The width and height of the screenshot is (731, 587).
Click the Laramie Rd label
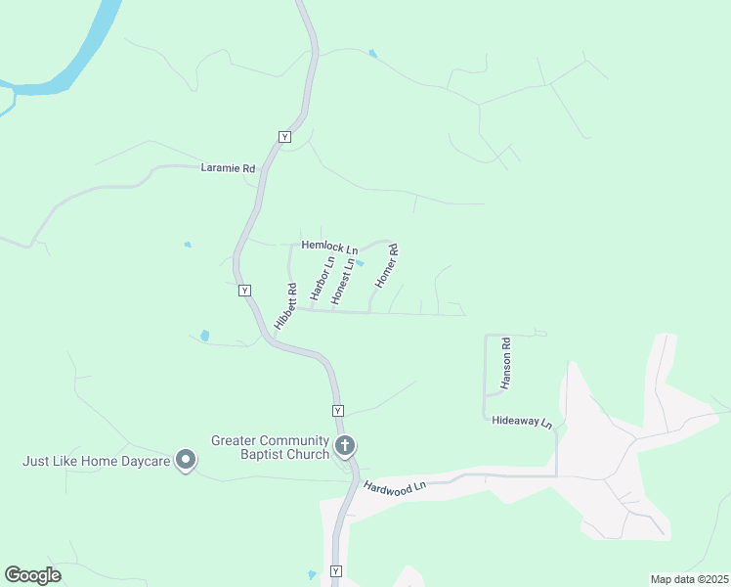point(228,168)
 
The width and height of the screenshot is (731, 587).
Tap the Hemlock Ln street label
point(329,248)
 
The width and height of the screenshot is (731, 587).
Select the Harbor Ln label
point(322,278)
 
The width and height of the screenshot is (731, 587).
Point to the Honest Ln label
point(342,281)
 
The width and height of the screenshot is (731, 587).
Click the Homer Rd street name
point(388,264)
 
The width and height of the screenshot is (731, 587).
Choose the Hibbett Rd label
point(285,305)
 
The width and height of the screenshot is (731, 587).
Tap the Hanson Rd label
point(505,364)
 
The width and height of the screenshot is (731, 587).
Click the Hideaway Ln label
point(522,423)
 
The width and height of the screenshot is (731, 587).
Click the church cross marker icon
point(344,447)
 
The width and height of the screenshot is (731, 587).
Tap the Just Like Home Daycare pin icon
point(186,460)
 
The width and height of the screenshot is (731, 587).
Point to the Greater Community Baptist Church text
point(271,447)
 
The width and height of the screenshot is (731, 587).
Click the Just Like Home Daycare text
point(98,460)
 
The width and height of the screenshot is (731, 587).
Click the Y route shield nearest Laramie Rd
point(284,137)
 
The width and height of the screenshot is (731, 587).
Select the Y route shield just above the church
point(337,410)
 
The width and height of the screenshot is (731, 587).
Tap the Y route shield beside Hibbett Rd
point(244,291)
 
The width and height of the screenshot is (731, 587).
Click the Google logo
point(32,575)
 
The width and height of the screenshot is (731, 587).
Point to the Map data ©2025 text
point(689,579)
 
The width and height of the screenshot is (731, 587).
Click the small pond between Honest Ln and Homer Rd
point(360,262)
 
